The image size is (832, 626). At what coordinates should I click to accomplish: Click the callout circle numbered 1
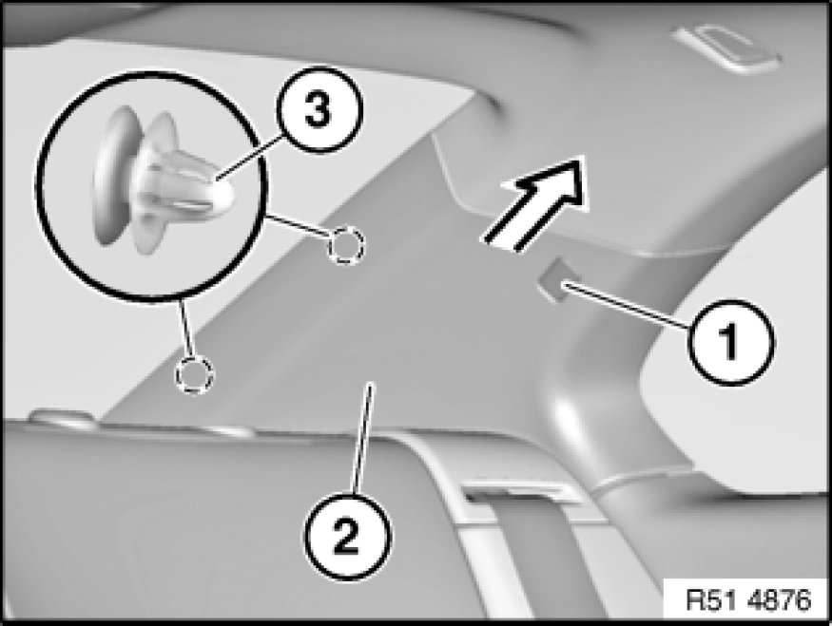730,342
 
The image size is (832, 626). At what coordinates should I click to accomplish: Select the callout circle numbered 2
348,536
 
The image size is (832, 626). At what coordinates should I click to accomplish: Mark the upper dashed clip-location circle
346,245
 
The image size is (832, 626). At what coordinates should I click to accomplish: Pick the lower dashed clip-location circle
195,375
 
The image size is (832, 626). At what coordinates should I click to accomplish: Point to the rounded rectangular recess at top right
726,47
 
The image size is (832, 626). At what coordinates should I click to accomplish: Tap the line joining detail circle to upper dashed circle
299,226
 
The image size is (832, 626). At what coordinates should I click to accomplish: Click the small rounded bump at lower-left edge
63,415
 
